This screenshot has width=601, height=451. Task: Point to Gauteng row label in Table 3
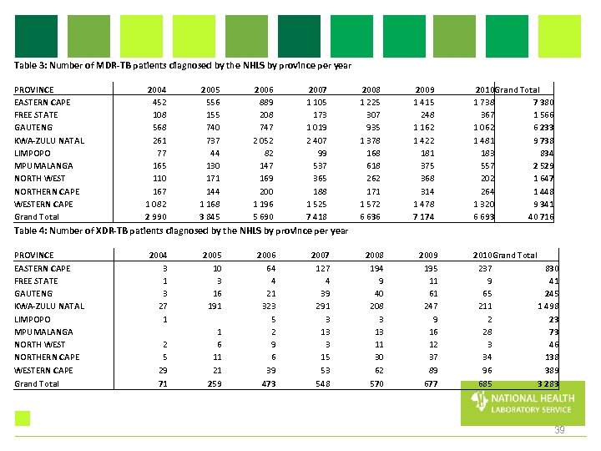(x=33, y=128)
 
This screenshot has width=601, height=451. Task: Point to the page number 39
(x=560, y=430)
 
